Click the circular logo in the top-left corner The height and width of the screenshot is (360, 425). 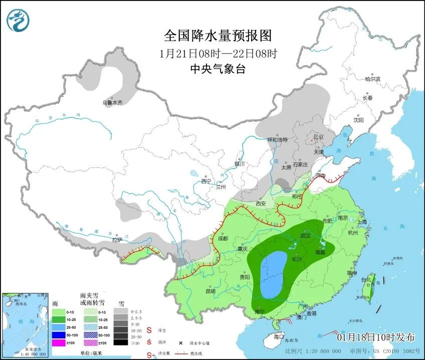(19, 20)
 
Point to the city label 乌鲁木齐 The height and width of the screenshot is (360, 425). (112, 103)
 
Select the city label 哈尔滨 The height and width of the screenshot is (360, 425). (372, 79)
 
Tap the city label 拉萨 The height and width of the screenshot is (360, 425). (117, 240)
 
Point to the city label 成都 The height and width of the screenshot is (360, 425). (223, 239)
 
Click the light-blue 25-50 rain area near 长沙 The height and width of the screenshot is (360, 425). (272, 275)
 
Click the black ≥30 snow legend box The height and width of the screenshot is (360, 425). (120, 342)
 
